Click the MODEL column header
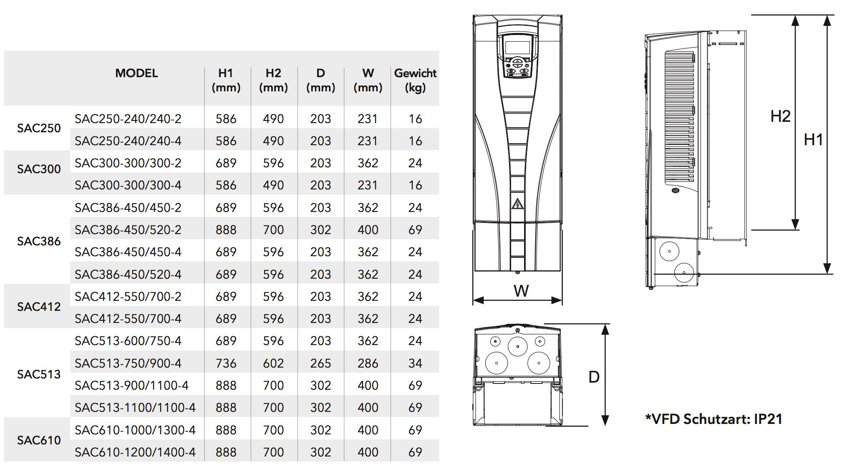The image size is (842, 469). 136,73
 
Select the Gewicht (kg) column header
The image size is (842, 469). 415,80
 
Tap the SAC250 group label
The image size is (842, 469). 39,128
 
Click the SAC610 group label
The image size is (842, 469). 39,440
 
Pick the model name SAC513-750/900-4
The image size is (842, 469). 128,363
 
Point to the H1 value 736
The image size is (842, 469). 226,363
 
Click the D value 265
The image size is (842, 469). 320,363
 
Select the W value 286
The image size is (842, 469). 368,363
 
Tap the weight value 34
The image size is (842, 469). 415,363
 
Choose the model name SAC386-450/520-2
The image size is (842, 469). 128,230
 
